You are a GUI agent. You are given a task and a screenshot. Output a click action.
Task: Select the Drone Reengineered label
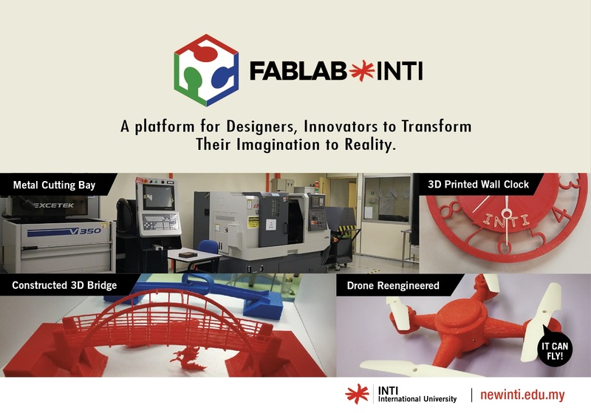(x=399, y=284)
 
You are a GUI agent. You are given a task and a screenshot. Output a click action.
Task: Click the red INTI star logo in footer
(x=359, y=395)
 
